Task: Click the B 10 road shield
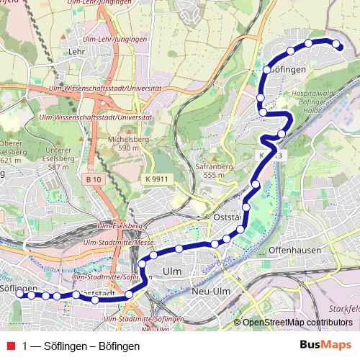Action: [92, 179]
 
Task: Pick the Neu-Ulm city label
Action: [211, 292]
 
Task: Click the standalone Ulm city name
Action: [173, 271]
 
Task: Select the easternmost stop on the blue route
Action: [336, 45]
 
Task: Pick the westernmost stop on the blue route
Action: [20, 294]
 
